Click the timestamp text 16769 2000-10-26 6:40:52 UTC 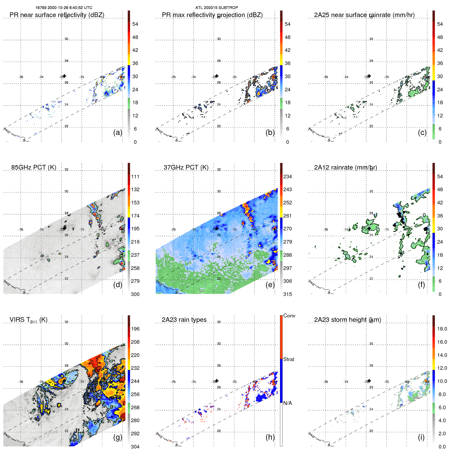coord(64,8)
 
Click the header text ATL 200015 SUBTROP coord(217,8)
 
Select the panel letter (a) coord(118,132)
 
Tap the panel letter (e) coord(270,285)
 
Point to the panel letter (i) coord(421,437)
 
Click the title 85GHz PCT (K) coord(34,167)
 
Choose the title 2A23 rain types coord(184,319)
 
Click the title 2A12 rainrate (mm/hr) coord(345,167)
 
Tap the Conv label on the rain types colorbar coord(289,316)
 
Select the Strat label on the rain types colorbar coord(288,359)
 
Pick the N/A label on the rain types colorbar coord(287,403)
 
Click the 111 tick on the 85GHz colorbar coord(135,177)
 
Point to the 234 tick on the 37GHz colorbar coord(287,177)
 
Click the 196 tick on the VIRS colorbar coord(135,329)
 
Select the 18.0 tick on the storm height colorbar coord(442,329)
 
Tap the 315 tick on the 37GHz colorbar coord(287,294)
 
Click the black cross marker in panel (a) coord(65,76)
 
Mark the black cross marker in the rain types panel coord(217,381)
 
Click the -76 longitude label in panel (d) coord(21,229)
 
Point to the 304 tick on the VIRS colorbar coord(135,447)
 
